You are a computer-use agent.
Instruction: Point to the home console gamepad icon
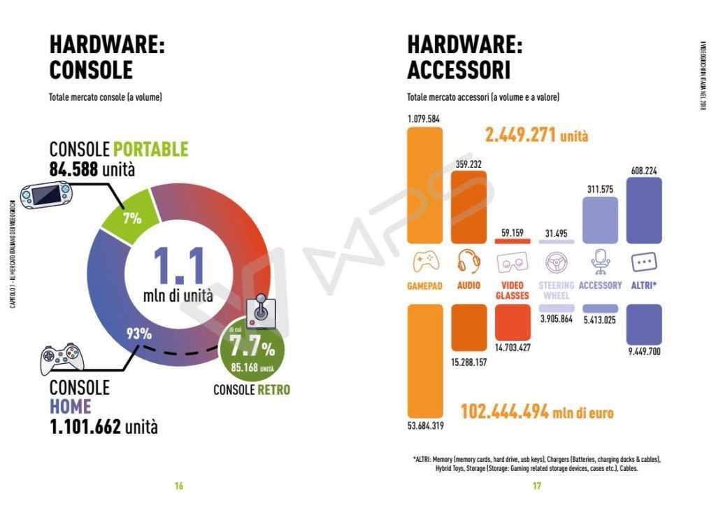click(x=62, y=358)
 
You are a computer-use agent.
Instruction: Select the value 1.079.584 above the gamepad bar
click(x=424, y=118)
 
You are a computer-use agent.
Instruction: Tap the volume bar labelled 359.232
click(x=468, y=206)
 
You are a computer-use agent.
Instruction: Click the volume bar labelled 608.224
click(x=644, y=210)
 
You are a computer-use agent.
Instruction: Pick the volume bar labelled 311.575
click(x=600, y=220)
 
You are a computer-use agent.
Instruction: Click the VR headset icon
click(x=513, y=263)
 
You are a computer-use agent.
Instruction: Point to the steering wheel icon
click(x=556, y=262)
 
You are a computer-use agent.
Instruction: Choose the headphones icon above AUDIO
click(x=468, y=262)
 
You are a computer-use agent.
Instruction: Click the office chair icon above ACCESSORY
click(x=600, y=262)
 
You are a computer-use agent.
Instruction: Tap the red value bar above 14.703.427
click(x=513, y=322)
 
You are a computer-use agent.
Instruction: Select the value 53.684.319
click(x=424, y=425)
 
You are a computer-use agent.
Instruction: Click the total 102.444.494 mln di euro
click(x=536, y=412)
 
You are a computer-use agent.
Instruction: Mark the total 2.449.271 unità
click(x=536, y=135)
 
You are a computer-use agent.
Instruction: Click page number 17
click(x=536, y=486)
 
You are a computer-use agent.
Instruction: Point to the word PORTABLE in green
click(x=150, y=149)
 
